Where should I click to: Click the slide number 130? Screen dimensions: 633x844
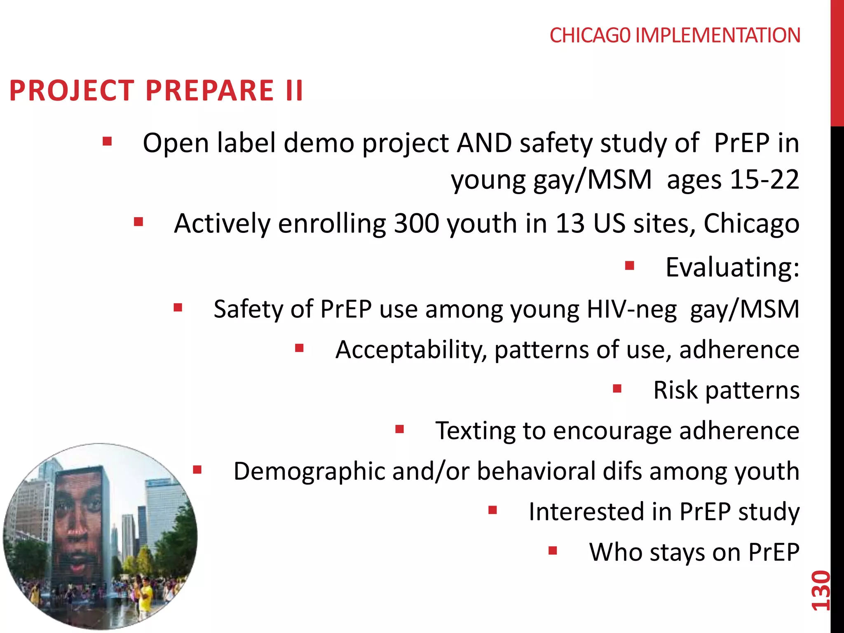point(820,590)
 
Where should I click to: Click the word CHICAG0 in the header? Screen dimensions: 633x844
point(590,35)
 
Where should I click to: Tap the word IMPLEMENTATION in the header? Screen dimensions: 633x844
point(717,35)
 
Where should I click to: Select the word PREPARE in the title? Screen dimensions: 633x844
point(210,91)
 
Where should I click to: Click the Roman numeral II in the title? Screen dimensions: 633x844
point(294,91)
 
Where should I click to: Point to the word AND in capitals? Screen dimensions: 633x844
point(484,143)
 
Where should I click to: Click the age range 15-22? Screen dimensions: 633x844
point(764,180)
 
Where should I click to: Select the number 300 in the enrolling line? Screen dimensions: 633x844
point(416,223)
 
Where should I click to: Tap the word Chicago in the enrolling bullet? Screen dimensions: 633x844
point(751,223)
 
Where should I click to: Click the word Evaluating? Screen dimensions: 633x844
point(732,267)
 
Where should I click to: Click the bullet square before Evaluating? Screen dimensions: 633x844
point(629,265)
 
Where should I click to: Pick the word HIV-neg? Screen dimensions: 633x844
point(631,309)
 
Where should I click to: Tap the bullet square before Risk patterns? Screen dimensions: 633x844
point(617,388)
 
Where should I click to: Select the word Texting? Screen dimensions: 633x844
point(475,431)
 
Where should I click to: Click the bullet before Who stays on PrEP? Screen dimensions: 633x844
point(553,550)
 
